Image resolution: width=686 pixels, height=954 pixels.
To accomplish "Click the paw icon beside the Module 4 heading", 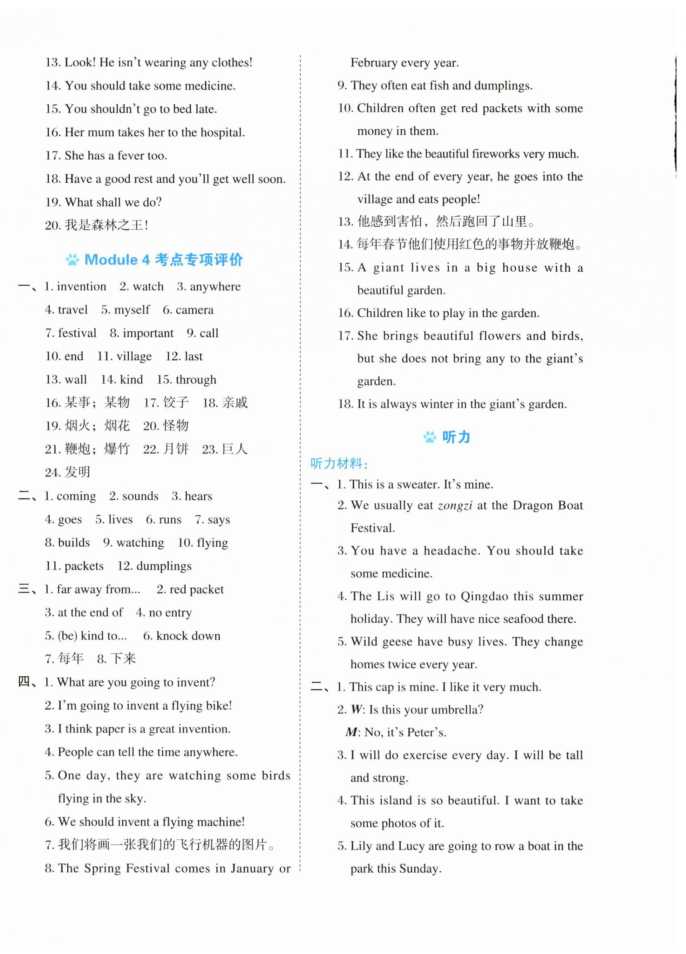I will pos(73,260).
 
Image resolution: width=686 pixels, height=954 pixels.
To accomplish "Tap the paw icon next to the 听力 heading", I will pos(430,437).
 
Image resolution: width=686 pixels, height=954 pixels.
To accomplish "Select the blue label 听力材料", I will pos(339,464).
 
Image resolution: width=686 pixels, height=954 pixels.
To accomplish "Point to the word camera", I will pos(194,310).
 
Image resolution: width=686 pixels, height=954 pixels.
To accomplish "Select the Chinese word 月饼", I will pos(176,449).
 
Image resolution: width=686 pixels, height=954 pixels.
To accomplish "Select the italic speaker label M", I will pos(352,732).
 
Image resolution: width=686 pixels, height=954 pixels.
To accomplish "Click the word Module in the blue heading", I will pos(111,260).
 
